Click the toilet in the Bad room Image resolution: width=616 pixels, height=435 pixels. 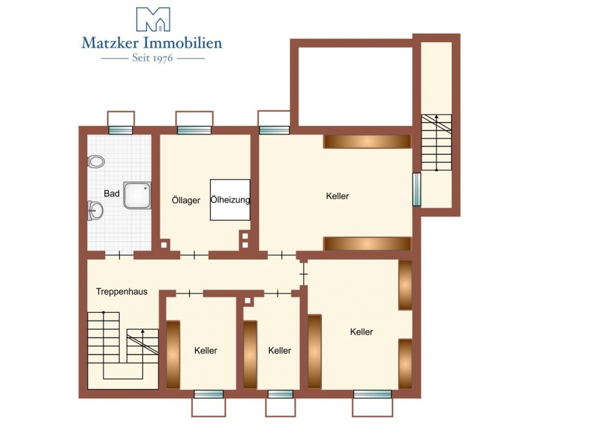[96, 161]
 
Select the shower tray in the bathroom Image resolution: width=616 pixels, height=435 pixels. [137, 195]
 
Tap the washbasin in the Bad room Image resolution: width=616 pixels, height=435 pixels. [95, 211]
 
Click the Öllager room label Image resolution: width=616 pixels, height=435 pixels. [186, 200]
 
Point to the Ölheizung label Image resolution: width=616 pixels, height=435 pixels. [230, 199]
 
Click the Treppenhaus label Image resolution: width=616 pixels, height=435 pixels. [122, 291]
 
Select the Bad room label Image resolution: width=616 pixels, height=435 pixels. [111, 193]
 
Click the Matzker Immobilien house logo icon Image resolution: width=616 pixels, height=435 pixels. [153, 19]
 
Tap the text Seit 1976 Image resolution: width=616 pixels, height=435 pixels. [152, 58]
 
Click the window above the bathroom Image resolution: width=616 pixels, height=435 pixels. [120, 130]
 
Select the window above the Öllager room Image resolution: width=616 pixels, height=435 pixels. [194, 130]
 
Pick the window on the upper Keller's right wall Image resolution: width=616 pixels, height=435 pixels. [416, 189]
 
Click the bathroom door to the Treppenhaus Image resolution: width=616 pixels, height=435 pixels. [120, 255]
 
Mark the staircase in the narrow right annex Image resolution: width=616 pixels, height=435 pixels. [436, 142]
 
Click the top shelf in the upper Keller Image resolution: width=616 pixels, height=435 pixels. [368, 142]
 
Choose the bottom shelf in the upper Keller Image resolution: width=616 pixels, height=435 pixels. [368, 243]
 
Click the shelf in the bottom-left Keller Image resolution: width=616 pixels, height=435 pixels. [173, 355]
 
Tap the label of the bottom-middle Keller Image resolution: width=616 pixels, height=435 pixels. [279, 350]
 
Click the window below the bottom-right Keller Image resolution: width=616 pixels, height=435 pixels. [372, 394]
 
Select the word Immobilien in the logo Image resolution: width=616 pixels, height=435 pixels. [183, 43]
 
